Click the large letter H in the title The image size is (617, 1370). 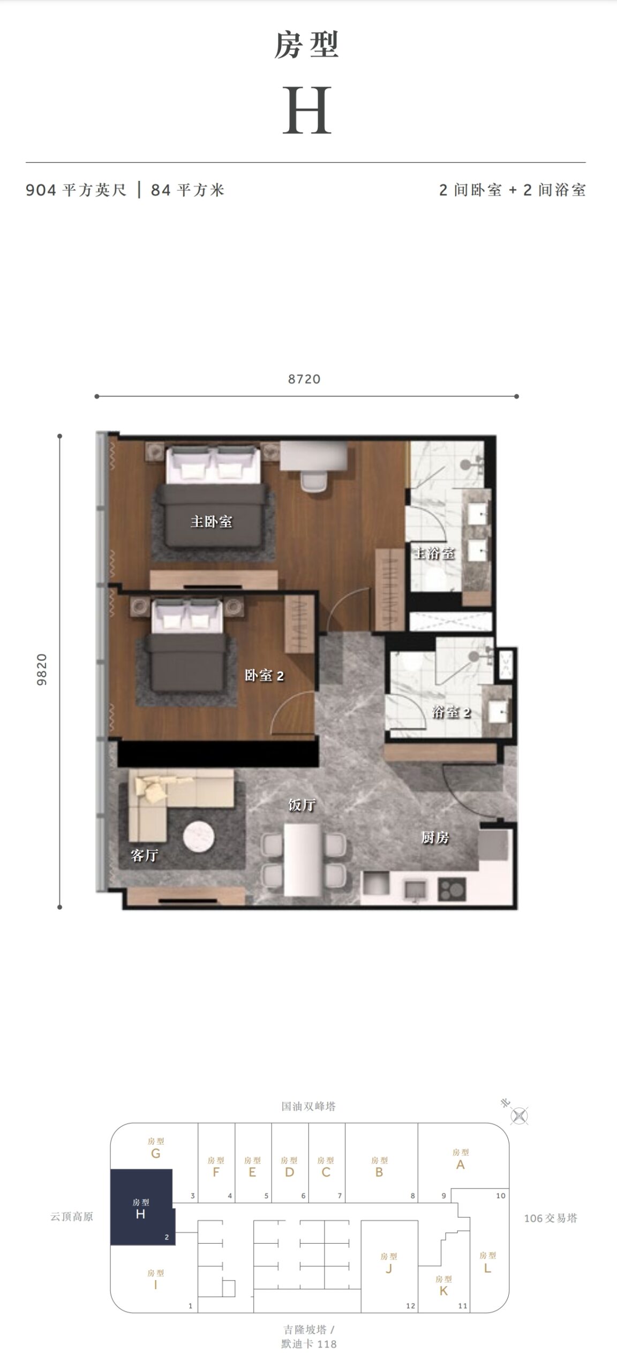[x=307, y=111]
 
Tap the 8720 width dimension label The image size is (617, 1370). [x=304, y=379]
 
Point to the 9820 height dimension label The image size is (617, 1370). [x=42, y=669]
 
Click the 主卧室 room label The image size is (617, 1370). [x=212, y=521]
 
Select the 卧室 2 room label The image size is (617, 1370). [x=265, y=675]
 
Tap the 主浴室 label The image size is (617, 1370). [x=433, y=553]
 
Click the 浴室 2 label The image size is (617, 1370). [x=452, y=712]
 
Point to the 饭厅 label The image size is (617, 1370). [x=302, y=804]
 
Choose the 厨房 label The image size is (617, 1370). [x=435, y=838]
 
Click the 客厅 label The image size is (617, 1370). [x=145, y=855]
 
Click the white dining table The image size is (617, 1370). [x=303, y=860]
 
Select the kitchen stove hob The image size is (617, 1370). [x=452, y=889]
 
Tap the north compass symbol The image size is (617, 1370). [x=520, y=1116]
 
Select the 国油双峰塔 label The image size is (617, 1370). [x=309, y=1106]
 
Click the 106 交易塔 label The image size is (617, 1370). [x=551, y=1218]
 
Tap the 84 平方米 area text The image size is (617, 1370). [x=187, y=190]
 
